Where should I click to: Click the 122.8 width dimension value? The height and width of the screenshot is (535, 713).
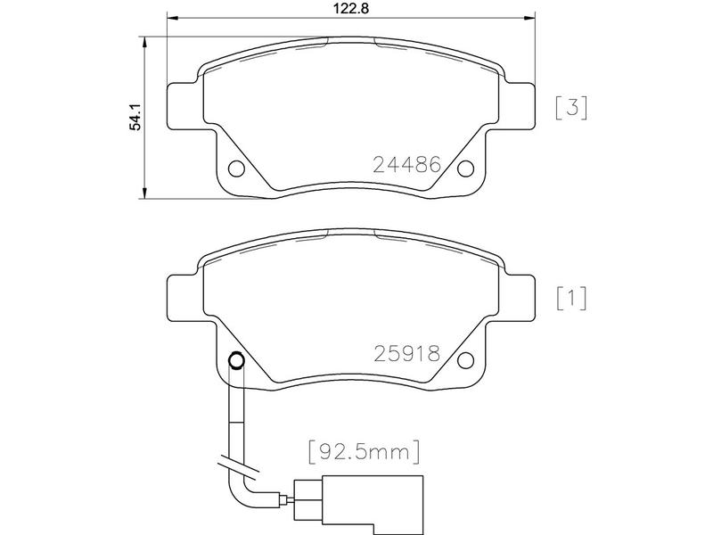tap(351, 8)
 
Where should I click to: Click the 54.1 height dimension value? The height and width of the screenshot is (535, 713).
tap(136, 118)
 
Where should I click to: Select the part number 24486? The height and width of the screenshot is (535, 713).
tap(407, 164)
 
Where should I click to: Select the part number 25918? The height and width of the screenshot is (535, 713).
tap(407, 353)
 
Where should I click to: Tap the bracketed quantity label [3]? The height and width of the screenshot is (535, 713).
tap(571, 108)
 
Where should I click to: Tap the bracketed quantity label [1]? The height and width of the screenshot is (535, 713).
tap(571, 299)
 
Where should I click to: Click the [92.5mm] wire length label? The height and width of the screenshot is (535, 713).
tap(365, 452)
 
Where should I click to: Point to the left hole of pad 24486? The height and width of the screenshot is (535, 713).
tap(236, 169)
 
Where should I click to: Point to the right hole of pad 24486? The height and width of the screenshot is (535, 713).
tap(465, 169)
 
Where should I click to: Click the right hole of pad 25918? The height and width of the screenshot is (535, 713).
tap(465, 360)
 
